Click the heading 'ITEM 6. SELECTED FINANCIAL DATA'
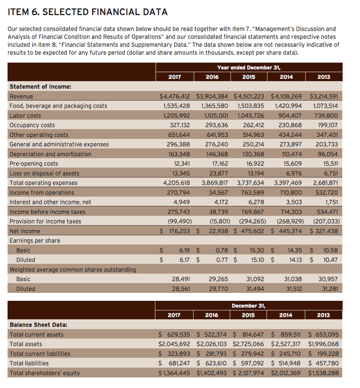(88, 12)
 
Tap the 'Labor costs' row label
(25, 116)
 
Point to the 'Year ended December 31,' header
(249, 67)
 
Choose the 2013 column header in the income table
(323, 77)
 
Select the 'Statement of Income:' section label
(40, 87)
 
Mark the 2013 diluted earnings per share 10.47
(330, 260)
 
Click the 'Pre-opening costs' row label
(34, 164)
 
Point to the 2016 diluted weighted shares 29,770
(219, 289)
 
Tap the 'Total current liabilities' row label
(40, 354)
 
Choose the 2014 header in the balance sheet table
(286, 315)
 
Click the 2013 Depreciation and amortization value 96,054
(327, 154)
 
